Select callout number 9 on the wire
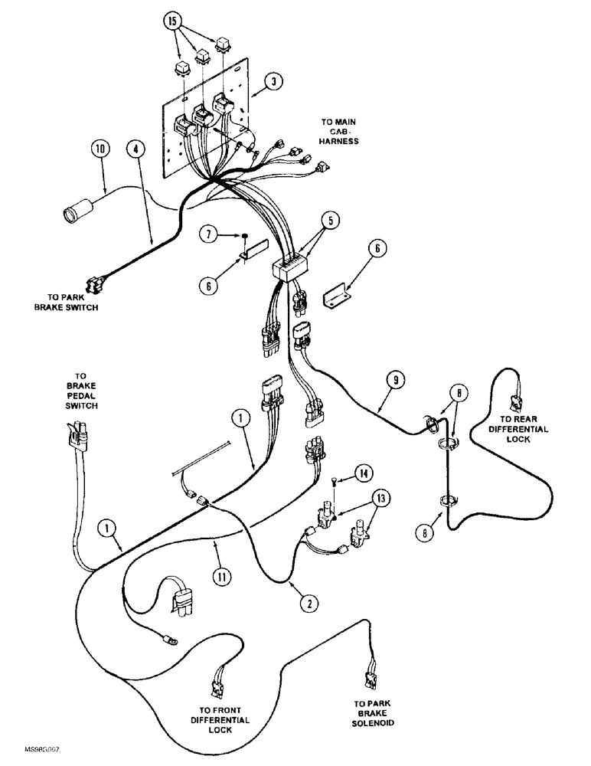393,380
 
